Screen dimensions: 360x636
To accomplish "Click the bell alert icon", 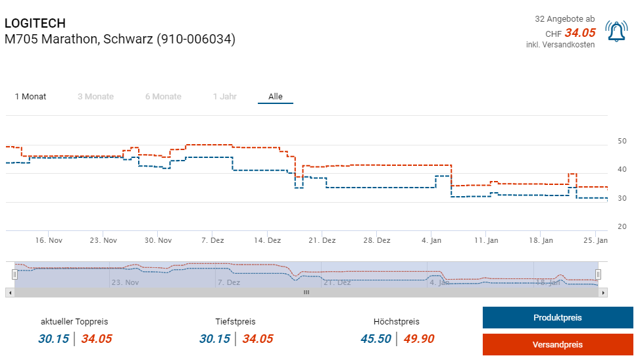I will tap(616, 32).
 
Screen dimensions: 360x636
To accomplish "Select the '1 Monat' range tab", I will tap(31, 97).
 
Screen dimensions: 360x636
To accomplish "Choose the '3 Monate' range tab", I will tap(95, 97).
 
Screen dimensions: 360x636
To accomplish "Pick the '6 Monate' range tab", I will tap(163, 97).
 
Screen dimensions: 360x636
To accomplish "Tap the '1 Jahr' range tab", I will tap(225, 97).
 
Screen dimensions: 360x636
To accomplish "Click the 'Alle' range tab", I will tap(276, 97).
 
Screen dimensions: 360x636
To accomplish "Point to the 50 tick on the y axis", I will tap(622, 141).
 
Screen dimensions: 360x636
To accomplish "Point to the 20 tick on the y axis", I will tap(622, 227).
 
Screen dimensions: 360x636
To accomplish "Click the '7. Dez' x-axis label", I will tap(213, 240).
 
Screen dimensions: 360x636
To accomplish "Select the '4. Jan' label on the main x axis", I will tap(431, 240).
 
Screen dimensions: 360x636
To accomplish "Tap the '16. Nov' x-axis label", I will tap(49, 240).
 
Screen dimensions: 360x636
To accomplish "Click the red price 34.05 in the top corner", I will tap(579, 33).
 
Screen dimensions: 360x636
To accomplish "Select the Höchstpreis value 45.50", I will tap(376, 339).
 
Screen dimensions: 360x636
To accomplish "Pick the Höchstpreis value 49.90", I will tap(419, 339).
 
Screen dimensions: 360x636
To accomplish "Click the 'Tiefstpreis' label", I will tap(235, 322).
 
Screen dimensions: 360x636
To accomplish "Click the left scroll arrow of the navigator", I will tap(9, 292).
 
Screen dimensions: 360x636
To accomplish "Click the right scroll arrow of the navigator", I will tap(603, 292).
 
